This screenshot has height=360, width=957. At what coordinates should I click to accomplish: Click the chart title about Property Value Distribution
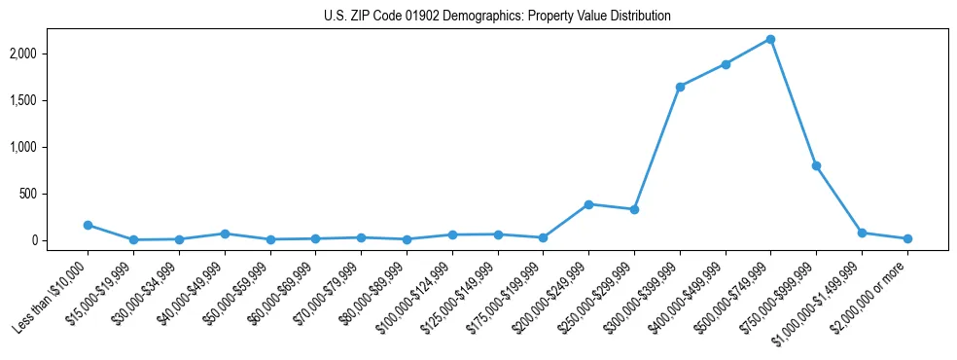(497, 17)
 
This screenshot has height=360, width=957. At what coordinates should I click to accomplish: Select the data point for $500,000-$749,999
(770, 39)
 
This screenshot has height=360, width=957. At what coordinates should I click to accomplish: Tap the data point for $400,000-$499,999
(725, 64)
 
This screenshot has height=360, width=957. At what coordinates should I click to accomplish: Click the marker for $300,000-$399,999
(680, 87)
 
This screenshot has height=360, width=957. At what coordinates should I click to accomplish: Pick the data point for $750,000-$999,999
(816, 165)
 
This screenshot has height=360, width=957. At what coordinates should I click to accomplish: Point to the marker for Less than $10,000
(88, 225)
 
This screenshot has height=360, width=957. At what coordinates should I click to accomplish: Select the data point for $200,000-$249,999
(588, 204)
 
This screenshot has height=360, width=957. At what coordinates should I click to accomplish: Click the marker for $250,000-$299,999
(634, 209)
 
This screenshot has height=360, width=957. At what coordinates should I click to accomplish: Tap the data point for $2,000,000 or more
(907, 238)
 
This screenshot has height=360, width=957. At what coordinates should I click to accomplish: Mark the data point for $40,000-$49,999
(225, 234)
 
